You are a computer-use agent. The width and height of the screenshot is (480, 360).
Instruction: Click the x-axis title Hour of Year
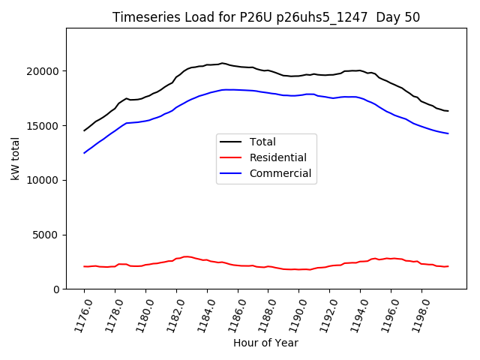[x=265, y=343]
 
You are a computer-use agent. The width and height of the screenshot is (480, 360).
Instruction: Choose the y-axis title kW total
[x=15, y=158]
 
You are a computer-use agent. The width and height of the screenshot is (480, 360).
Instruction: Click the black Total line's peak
[x=222, y=63]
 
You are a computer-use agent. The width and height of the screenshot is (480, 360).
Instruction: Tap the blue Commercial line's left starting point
[x=85, y=153]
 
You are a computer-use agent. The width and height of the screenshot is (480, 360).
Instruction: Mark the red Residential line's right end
[x=448, y=266]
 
